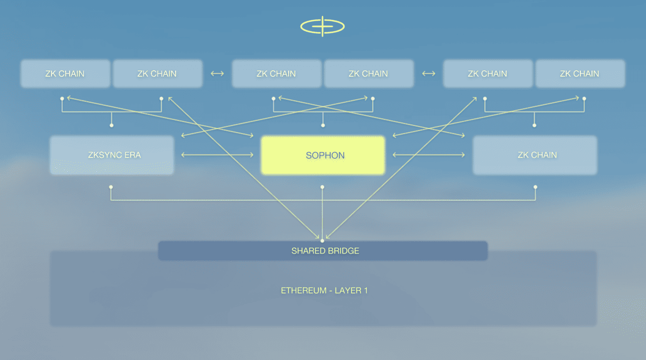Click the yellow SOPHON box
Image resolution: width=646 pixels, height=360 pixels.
(x=322, y=155)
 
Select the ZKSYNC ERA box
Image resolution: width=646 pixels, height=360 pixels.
(x=112, y=155)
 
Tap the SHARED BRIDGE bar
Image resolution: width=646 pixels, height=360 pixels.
(x=323, y=251)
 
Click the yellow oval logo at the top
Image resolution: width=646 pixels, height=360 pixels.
(x=322, y=26)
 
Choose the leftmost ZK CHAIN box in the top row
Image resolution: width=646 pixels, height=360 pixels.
(x=65, y=74)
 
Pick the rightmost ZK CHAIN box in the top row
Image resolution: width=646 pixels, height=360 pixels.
(x=579, y=74)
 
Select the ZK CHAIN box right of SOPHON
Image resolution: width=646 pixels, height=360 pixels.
(x=534, y=155)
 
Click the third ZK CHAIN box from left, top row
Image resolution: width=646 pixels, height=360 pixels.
(x=276, y=74)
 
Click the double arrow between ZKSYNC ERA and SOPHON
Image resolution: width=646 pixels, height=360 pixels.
(x=217, y=155)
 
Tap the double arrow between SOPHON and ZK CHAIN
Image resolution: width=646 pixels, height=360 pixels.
(x=428, y=155)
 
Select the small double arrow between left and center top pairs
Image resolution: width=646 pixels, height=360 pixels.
(x=217, y=74)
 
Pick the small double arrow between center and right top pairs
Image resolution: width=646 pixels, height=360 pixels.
(x=428, y=74)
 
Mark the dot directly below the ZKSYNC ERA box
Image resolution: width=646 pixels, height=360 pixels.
(x=111, y=187)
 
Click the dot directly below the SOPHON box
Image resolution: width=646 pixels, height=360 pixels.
(x=322, y=187)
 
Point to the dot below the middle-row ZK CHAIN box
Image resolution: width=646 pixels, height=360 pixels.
(x=535, y=187)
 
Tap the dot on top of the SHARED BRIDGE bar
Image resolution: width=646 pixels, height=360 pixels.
(x=322, y=240)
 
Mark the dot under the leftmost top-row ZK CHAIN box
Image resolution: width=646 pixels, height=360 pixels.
(x=62, y=98)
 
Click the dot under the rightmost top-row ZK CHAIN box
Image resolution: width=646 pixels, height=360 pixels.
(x=584, y=98)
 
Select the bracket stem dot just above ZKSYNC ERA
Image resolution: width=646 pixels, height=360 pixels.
(x=112, y=125)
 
